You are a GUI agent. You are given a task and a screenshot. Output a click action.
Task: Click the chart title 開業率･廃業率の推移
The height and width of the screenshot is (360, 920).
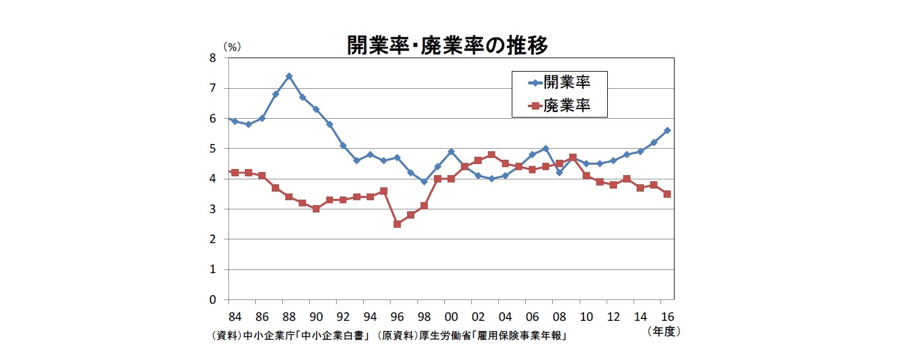click(447, 46)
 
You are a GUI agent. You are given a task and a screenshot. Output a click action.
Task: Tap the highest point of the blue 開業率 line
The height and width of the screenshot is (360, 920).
click(289, 77)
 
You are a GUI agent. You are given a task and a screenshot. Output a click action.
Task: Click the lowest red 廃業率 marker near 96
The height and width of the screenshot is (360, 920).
click(397, 224)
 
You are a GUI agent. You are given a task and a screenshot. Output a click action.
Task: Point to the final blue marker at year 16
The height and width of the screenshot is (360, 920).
click(667, 130)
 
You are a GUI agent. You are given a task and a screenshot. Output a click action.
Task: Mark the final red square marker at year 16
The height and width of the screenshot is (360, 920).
click(667, 194)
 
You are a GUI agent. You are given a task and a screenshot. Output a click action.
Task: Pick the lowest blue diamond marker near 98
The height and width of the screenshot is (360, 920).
click(424, 182)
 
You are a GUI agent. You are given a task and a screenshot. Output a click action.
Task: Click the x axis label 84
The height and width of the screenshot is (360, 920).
click(235, 317)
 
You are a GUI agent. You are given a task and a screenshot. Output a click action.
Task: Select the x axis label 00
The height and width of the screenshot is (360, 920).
click(451, 317)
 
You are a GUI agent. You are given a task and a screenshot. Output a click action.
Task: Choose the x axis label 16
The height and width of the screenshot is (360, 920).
click(667, 317)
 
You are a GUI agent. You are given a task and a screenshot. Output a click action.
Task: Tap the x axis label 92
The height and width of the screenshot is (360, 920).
click(343, 317)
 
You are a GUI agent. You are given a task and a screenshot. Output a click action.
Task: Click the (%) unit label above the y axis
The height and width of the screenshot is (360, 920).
click(231, 46)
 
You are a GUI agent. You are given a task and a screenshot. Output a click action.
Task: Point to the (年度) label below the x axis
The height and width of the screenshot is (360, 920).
click(664, 331)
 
